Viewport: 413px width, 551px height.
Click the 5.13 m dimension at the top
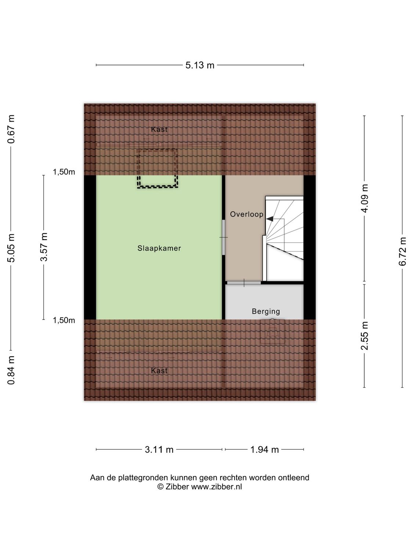point(200,65)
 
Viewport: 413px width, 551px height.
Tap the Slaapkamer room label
point(159,248)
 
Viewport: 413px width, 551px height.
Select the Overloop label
point(247,214)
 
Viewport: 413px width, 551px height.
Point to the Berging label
point(266,311)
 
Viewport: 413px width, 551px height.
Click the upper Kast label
point(159,129)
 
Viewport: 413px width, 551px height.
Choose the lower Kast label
point(159,371)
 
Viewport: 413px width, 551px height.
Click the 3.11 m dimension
point(159,450)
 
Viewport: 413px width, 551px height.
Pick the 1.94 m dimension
point(264,450)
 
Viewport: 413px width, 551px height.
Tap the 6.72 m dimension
point(403,251)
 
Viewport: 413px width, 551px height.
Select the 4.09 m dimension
point(365,198)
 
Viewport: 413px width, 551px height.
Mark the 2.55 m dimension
point(365,336)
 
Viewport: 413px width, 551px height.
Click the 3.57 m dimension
point(44,247)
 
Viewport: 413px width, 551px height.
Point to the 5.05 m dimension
point(11,248)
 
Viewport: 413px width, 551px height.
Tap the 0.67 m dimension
point(11,129)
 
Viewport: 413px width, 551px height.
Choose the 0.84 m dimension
point(11,370)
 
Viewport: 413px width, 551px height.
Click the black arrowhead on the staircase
point(270,219)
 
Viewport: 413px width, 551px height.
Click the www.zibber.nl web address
point(216,487)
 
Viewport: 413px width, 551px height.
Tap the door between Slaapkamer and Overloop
point(224,237)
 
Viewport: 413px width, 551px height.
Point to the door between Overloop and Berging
point(244,282)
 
